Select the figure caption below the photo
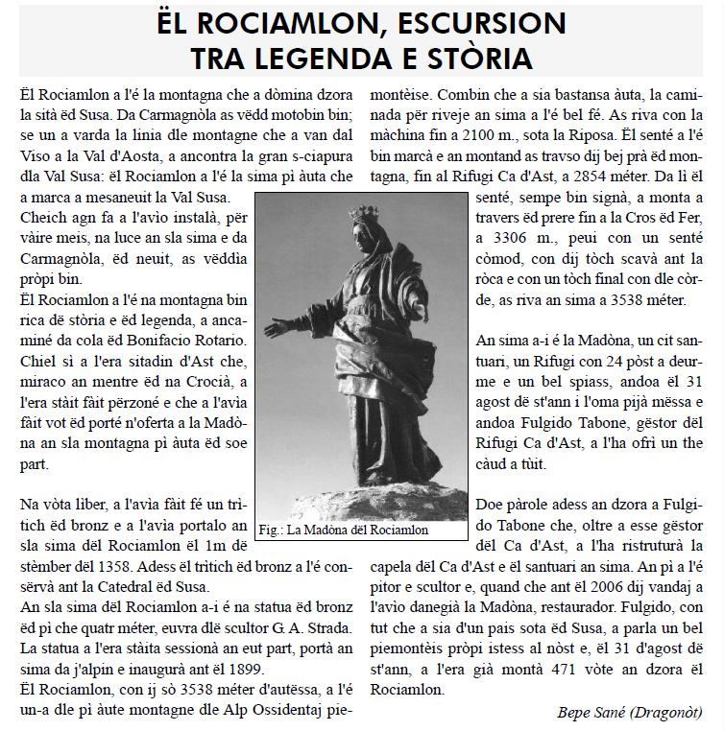pyautogui.click(x=344, y=530)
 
